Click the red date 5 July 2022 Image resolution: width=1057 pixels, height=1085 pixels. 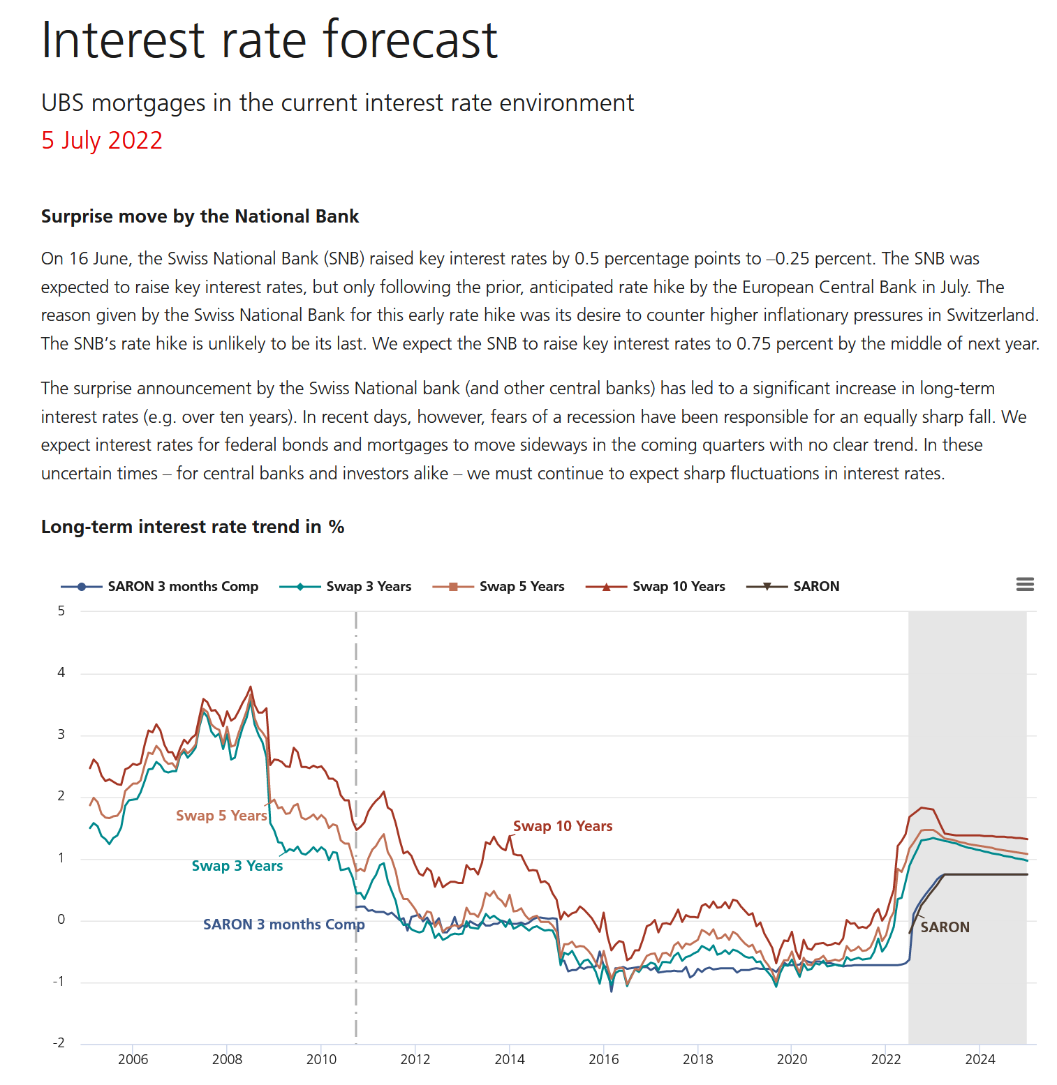(102, 140)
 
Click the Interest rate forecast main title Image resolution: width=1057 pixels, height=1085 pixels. (269, 40)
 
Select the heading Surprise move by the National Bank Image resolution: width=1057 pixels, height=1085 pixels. (200, 216)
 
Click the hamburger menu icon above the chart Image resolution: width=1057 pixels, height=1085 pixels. (1024, 585)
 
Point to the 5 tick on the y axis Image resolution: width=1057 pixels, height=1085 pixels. (61, 611)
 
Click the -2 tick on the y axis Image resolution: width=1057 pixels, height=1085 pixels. (59, 1043)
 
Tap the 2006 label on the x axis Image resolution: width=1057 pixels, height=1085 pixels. (133, 1060)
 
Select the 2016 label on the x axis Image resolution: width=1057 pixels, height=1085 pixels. (604, 1060)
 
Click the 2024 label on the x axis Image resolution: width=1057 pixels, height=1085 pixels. (980, 1060)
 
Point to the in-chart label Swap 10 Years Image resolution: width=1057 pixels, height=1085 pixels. (563, 826)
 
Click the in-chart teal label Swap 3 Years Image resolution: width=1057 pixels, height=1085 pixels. (237, 866)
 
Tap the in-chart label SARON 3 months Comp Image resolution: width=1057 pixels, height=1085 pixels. (283, 925)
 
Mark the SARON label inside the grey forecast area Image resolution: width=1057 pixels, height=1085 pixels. (945, 927)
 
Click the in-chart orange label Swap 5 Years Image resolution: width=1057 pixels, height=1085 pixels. (221, 816)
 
